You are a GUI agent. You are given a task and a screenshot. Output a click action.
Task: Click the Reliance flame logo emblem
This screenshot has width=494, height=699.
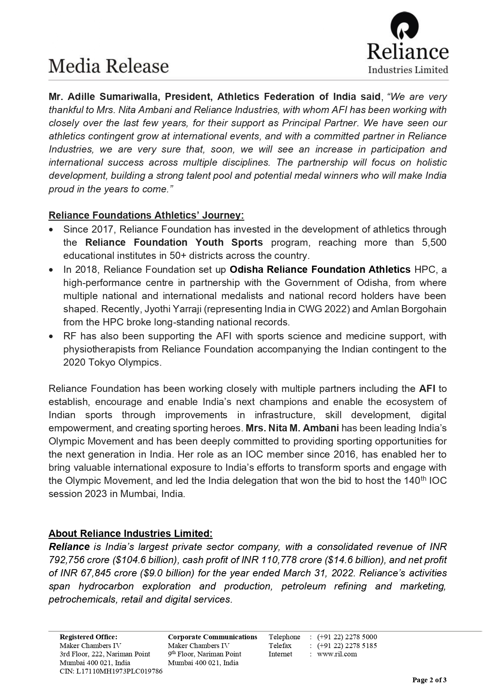point(404,26)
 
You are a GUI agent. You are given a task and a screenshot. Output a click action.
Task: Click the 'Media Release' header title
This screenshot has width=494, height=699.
point(109,66)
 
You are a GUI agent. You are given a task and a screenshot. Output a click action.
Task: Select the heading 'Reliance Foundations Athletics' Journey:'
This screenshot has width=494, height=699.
point(146,215)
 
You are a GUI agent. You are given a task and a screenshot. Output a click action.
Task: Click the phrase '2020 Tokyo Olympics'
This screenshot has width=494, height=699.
point(112,362)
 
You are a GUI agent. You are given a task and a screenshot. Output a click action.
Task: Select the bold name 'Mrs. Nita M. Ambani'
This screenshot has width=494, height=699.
point(293,428)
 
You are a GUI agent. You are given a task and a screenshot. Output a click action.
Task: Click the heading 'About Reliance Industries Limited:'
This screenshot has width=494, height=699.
point(131,534)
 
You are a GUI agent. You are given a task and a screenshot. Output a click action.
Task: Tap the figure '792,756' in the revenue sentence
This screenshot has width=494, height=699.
point(66,560)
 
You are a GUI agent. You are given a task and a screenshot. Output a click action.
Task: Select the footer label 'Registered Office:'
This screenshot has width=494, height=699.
point(88,637)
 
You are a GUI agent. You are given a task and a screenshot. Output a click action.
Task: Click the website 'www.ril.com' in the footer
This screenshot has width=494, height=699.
point(337,654)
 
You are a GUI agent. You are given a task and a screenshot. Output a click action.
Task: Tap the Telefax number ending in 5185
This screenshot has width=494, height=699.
point(347,645)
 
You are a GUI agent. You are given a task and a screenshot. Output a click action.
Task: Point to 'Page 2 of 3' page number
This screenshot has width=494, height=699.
point(429,680)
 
